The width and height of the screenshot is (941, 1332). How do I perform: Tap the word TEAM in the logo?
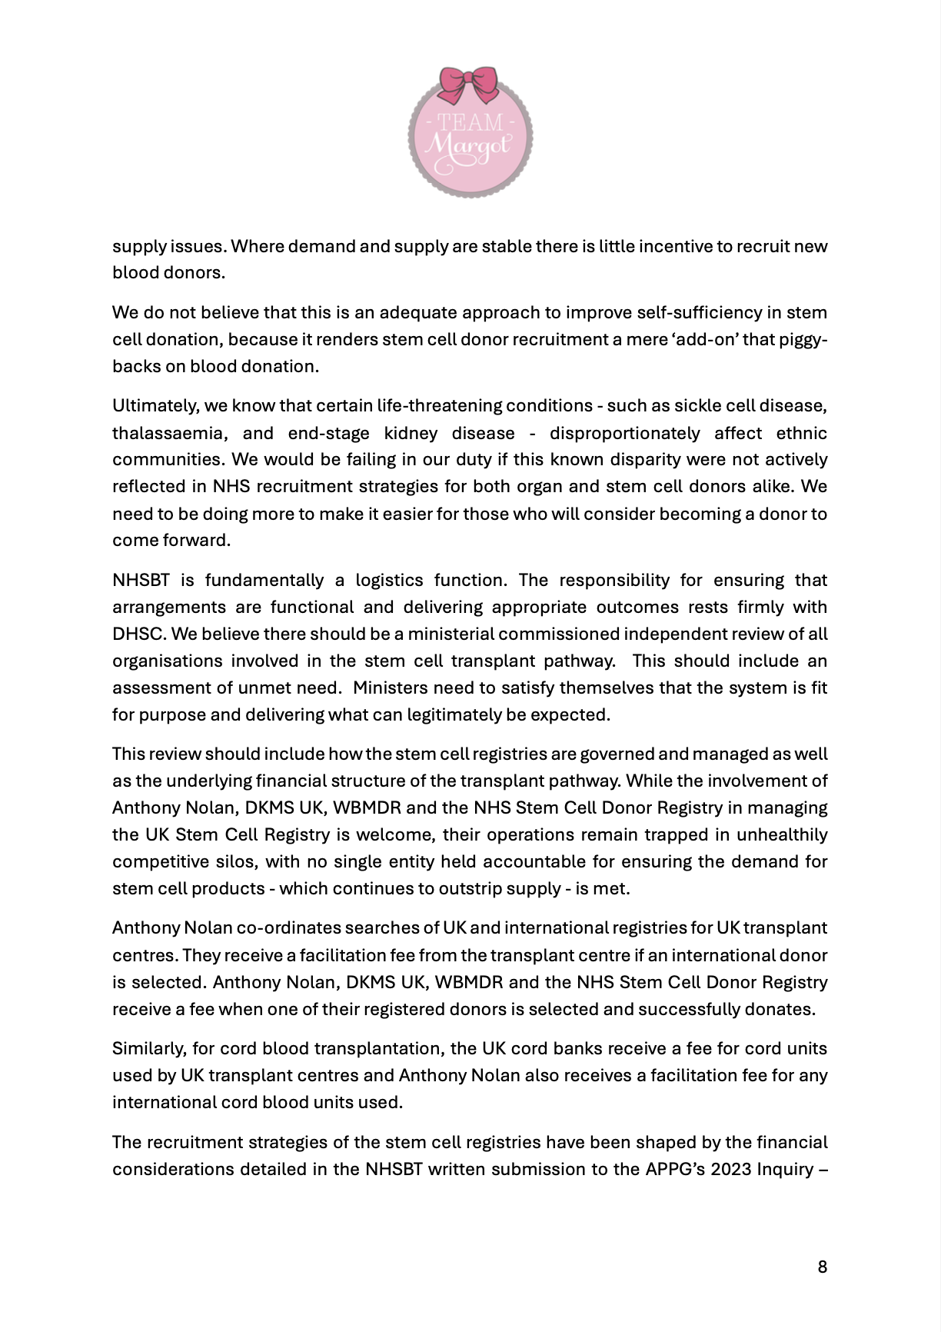coord(470,122)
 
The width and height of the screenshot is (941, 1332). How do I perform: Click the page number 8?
coord(823,1267)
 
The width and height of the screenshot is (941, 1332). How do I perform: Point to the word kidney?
coord(411,433)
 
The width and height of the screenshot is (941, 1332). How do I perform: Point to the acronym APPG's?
coord(675,1169)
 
